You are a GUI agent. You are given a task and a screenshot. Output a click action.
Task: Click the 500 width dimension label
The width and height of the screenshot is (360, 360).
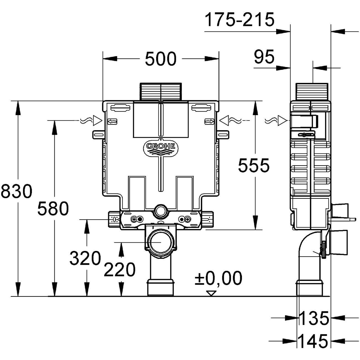click(160, 59)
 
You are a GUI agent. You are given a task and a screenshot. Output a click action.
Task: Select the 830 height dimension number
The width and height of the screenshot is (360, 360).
click(17, 191)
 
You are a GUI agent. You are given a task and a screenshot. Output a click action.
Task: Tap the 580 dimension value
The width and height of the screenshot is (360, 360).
click(53, 208)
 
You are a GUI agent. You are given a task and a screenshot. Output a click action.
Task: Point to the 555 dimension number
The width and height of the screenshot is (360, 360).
click(253, 166)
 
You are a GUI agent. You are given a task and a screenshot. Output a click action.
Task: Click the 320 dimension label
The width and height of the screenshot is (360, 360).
click(85, 259)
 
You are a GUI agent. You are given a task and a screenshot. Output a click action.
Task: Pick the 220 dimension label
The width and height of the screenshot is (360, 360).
click(120, 270)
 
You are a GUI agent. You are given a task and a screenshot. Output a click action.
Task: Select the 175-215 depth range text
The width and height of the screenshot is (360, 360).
click(239, 20)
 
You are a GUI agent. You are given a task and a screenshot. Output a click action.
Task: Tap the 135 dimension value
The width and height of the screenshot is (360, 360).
click(314, 318)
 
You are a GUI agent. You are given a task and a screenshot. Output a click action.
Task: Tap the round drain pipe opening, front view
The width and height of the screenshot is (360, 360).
click(160, 242)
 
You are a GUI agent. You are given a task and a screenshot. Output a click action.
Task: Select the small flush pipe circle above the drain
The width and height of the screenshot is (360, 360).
click(160, 210)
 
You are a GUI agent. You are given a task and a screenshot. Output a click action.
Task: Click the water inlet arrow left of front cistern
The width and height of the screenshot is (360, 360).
click(97, 120)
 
